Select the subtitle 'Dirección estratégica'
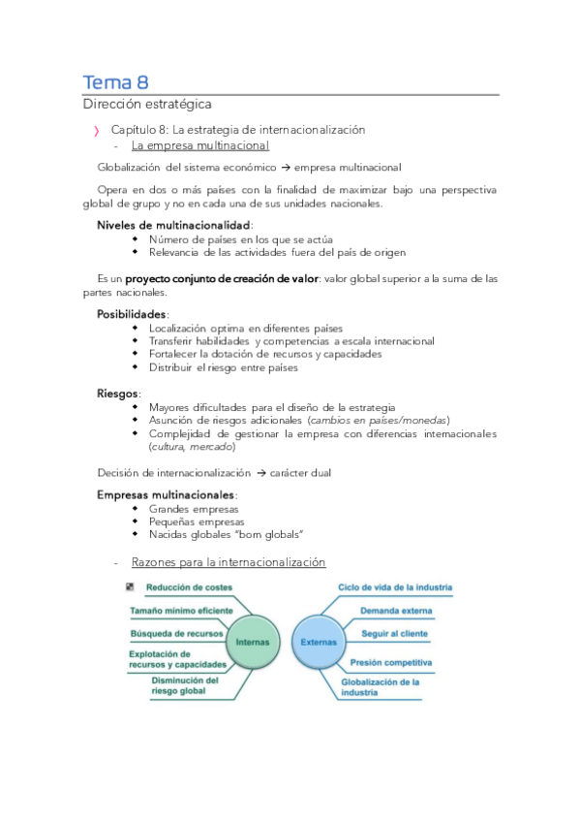click(146, 104)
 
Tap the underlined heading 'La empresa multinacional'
click(200, 146)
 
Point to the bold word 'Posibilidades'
click(132, 314)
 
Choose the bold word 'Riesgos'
click(118, 394)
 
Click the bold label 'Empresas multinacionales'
click(166, 494)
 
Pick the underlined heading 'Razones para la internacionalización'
click(229, 562)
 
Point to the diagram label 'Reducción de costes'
click(190, 587)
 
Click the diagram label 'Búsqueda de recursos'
click(177, 634)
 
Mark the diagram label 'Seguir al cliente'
click(394, 634)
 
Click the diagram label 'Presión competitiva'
click(391, 663)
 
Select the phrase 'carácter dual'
click(305, 472)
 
